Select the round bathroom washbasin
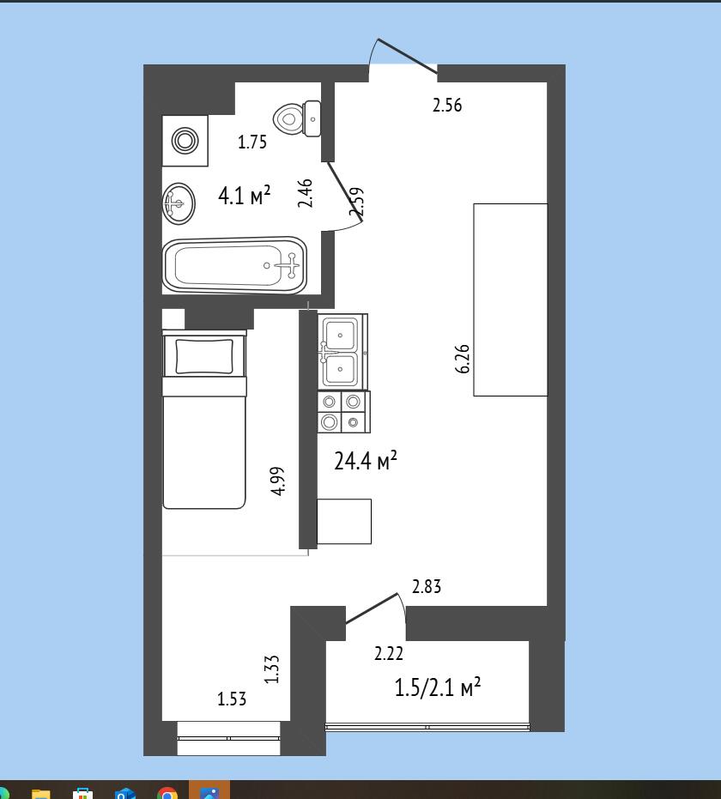point(179,203)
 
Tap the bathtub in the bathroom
point(234,265)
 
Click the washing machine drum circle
point(185,140)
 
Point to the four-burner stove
point(343,412)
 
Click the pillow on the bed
point(203,356)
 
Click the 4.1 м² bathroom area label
point(244,195)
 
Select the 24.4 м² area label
point(366,461)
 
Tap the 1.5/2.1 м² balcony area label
point(438,687)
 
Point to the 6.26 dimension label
point(463,360)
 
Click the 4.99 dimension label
point(278,481)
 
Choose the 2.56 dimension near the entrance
point(447,105)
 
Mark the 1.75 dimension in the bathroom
point(252,142)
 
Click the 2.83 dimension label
point(427,586)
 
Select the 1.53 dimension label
point(232,699)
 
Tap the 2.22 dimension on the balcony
point(389,654)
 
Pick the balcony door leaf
point(372,608)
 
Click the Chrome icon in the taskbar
point(167,793)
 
